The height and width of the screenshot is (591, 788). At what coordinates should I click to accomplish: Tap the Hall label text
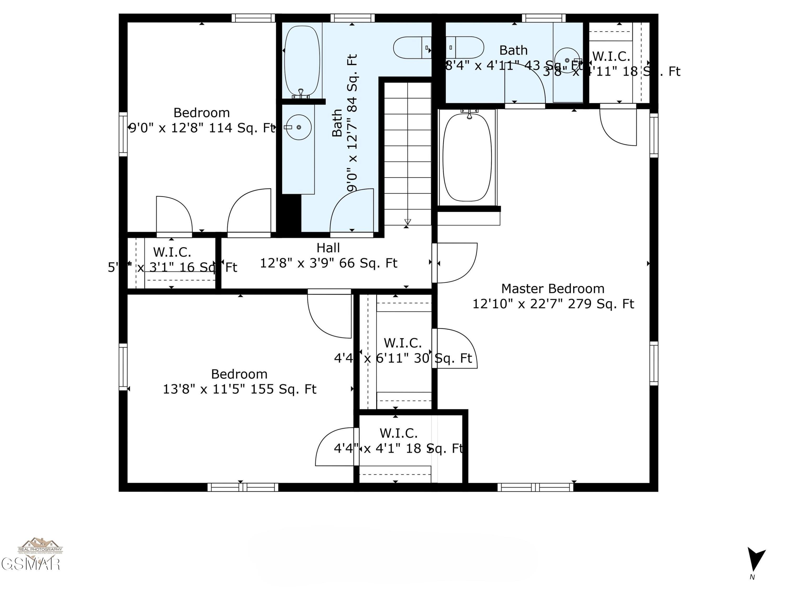click(x=328, y=248)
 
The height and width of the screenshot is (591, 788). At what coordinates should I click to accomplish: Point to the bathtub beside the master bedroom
click(x=467, y=157)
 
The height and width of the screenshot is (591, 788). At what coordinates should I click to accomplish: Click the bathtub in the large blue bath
click(x=302, y=61)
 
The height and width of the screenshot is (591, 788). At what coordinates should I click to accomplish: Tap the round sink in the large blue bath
click(x=299, y=127)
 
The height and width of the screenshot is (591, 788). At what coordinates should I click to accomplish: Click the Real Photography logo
click(x=40, y=546)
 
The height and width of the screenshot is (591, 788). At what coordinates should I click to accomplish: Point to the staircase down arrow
click(x=408, y=222)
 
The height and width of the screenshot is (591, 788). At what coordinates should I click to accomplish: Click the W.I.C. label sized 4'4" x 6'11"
click(x=403, y=343)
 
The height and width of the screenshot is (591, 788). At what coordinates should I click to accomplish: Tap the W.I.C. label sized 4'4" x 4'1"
click(x=398, y=433)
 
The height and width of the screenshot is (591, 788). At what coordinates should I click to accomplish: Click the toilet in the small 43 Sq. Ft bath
click(x=465, y=47)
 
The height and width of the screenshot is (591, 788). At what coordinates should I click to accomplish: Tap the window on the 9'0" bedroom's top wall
click(x=253, y=18)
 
